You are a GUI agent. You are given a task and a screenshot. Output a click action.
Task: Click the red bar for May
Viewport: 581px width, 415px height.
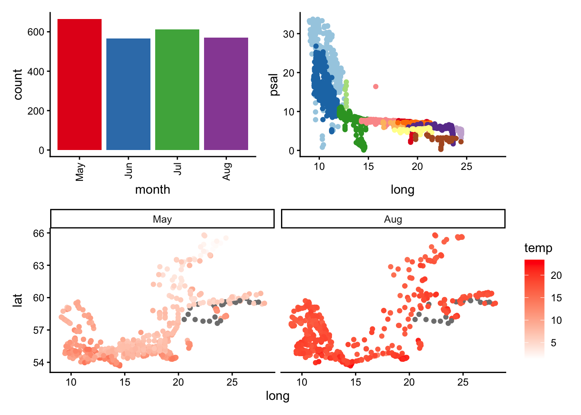pos(80,85)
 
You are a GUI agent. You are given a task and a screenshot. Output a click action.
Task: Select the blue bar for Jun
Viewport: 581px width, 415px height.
pos(128,94)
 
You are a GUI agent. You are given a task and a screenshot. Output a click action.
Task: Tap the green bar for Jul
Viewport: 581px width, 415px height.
pos(177,90)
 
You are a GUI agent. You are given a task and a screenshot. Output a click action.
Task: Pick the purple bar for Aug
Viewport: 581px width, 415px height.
pos(226,94)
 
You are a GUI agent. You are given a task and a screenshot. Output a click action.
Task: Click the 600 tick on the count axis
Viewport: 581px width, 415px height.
pos(36,32)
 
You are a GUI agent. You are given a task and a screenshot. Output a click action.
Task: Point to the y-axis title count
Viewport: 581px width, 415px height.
pos(18,84)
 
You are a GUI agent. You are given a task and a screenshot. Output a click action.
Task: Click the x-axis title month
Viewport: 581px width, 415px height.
pos(153,190)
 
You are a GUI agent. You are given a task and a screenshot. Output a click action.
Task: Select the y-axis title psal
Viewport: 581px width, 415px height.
pos(274,84)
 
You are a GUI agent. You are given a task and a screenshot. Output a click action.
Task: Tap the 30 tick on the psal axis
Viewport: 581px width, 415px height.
pos(289,34)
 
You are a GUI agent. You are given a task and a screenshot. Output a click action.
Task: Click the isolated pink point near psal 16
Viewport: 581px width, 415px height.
pos(376,86)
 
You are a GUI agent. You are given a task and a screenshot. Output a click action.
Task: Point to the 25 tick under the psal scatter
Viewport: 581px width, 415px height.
pos(466,167)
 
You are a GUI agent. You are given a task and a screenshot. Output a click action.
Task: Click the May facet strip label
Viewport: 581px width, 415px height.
pos(162,219)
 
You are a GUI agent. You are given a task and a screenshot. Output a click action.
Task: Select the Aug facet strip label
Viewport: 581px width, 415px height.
pos(393,219)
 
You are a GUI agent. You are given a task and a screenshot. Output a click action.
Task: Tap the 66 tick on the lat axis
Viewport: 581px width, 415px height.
pos(39,233)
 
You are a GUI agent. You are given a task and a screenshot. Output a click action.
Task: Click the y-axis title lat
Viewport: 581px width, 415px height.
pos(17,300)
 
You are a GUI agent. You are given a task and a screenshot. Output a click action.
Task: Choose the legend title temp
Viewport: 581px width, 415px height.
pos(538,248)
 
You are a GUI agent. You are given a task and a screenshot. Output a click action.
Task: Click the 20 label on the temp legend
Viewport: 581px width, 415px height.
pos(556,275)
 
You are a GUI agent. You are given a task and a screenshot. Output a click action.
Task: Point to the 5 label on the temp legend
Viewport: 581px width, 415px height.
pos(554,343)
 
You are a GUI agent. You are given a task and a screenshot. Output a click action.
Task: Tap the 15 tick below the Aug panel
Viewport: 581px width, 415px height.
pos(355,382)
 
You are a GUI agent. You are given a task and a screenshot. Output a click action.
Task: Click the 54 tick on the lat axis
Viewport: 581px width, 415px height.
pos(39,363)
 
